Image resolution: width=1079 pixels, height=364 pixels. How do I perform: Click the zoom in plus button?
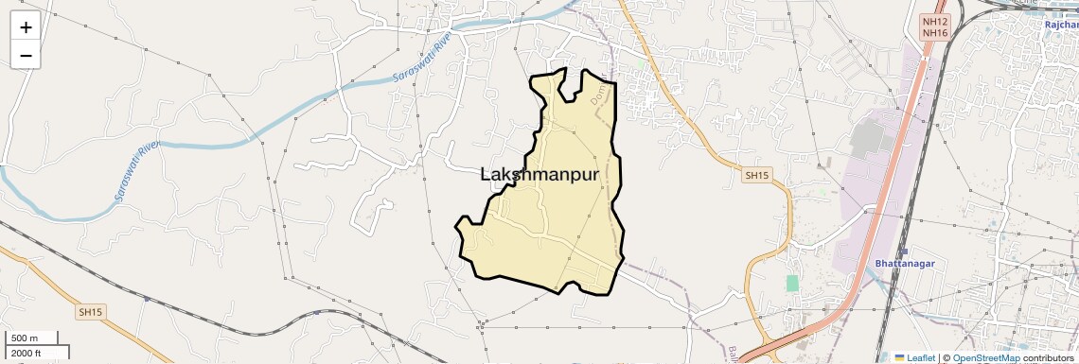point(26,26)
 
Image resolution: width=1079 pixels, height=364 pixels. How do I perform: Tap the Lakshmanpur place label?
point(540,175)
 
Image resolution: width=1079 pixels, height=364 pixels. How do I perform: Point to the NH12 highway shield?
point(934,21)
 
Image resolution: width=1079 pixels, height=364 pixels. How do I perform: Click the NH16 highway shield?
point(934,33)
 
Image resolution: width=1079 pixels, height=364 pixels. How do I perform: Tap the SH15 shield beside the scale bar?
point(90,311)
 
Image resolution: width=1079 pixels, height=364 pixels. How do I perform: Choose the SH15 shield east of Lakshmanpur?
point(757,176)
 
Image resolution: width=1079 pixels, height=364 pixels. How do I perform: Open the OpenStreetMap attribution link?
point(985,357)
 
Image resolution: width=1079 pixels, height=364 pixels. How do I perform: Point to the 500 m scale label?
point(26,338)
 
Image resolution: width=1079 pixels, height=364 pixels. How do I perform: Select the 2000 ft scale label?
point(27,353)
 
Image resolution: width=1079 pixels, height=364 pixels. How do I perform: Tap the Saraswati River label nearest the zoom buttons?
point(419,61)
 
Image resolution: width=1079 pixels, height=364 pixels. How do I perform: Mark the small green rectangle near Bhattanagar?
point(792,283)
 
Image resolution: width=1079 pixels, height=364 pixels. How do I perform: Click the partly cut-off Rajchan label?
point(1061,25)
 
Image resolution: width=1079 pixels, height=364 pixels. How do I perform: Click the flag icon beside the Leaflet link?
point(899,357)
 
